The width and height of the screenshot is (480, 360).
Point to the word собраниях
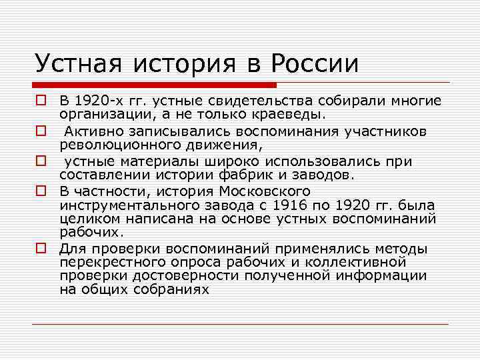pos(167,289)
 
